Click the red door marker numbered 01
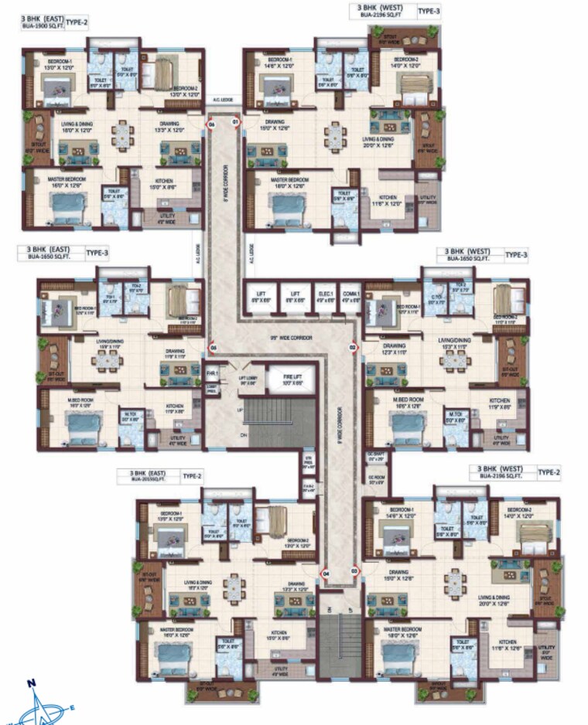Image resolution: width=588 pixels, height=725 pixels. point(237,122)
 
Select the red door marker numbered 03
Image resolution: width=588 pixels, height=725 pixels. point(354,572)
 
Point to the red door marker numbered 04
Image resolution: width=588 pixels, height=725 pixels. point(326,574)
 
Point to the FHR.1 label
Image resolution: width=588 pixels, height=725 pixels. point(214,373)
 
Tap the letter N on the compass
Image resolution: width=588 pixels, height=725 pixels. point(32,682)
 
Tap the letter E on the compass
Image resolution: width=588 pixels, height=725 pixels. point(73,706)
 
